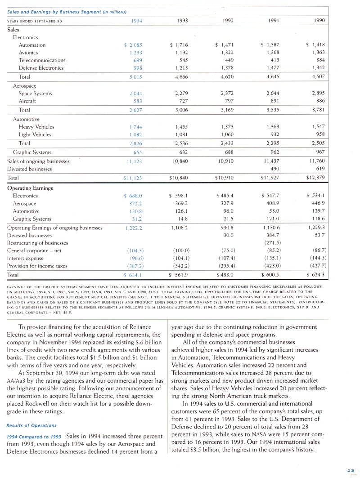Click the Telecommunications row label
coord(42,60)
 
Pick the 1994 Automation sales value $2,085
coord(133,45)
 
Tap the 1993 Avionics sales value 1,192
coord(181,53)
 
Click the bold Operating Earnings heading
coord(30,188)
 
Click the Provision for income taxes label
coord(37,266)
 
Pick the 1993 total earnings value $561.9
coord(178,275)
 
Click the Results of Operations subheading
coord(31,425)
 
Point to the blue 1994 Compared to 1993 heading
coord(34,436)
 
